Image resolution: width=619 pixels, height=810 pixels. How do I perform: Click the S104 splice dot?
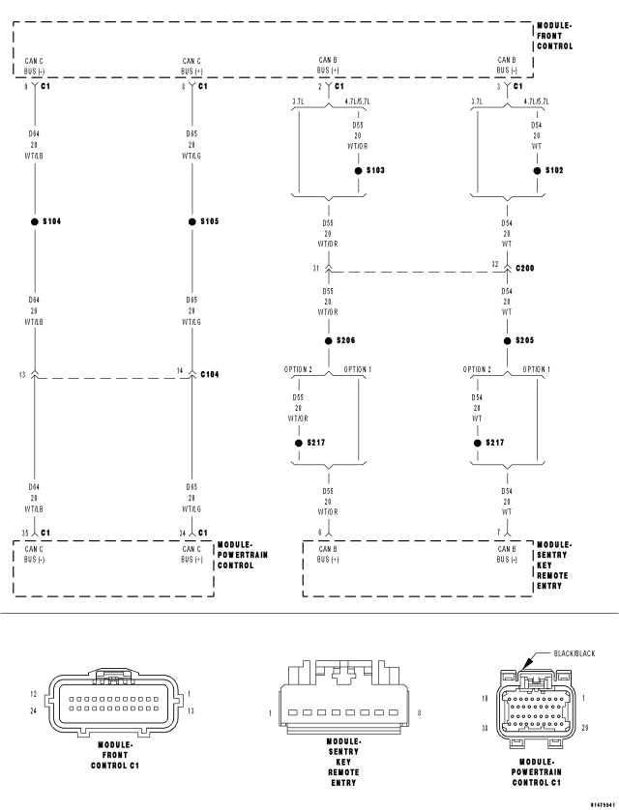(x=35, y=221)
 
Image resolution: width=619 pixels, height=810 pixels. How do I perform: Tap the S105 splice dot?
(x=192, y=221)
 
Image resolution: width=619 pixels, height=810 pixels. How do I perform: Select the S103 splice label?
(x=375, y=170)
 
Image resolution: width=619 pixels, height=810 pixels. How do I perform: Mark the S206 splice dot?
(x=328, y=340)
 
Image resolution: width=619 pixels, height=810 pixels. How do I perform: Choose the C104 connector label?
(x=210, y=374)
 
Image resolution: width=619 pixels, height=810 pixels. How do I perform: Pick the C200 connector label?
(x=525, y=267)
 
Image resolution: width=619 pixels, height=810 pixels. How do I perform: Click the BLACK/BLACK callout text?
(x=575, y=653)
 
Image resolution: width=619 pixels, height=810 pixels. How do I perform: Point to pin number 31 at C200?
(x=315, y=268)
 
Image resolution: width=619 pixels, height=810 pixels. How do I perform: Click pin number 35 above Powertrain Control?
(x=26, y=532)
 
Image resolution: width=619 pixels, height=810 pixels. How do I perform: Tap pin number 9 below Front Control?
(x=26, y=87)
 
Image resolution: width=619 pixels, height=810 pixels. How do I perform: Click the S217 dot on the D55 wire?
(x=298, y=443)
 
